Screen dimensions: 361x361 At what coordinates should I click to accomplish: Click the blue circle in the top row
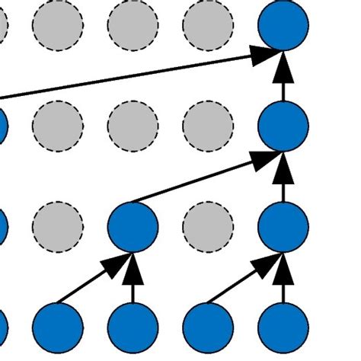coord(283,25)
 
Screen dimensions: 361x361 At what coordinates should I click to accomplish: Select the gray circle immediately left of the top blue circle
coord(208,25)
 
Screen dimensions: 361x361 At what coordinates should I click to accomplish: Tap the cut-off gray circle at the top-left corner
coord(3,25)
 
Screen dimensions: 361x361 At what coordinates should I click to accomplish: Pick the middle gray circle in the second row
coord(133,125)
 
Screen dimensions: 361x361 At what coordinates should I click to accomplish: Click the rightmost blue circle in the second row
coord(283,125)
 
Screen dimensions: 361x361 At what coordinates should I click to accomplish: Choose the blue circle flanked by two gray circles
coord(133,225)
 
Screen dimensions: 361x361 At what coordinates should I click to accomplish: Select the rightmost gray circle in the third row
coord(208,225)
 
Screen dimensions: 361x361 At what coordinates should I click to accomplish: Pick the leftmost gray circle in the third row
coord(57,225)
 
